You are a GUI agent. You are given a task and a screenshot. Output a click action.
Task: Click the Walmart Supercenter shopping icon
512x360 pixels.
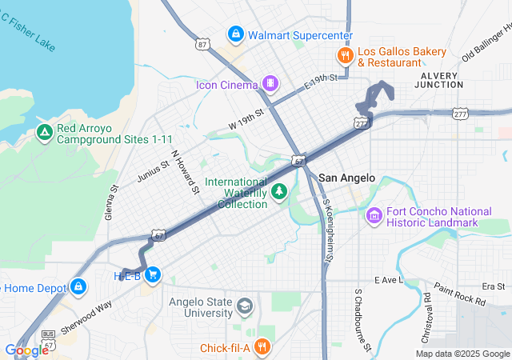pyautogui.click(x=235, y=34)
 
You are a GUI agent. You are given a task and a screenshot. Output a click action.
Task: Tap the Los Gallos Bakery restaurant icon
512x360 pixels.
pyautogui.click(x=345, y=55)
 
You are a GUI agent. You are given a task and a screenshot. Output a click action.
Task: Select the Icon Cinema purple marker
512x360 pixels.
pyautogui.click(x=271, y=83)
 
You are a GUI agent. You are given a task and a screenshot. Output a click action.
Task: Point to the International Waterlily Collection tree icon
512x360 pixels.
pyautogui.click(x=279, y=191)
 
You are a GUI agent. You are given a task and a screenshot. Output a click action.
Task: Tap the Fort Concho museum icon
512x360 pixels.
pyautogui.click(x=374, y=215)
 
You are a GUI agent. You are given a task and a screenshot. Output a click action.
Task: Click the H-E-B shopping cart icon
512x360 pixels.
pyautogui.click(x=153, y=275)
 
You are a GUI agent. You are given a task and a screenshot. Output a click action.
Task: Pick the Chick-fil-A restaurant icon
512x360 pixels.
pyautogui.click(x=263, y=346)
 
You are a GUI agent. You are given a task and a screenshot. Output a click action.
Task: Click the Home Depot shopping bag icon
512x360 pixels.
pyautogui.click(x=78, y=286)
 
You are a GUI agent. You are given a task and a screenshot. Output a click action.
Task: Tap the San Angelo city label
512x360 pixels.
pyautogui.click(x=346, y=178)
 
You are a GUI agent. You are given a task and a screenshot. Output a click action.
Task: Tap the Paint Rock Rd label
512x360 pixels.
pyautogui.click(x=459, y=294)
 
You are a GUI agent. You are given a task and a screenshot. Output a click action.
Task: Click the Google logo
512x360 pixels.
pyautogui.click(x=26, y=350)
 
